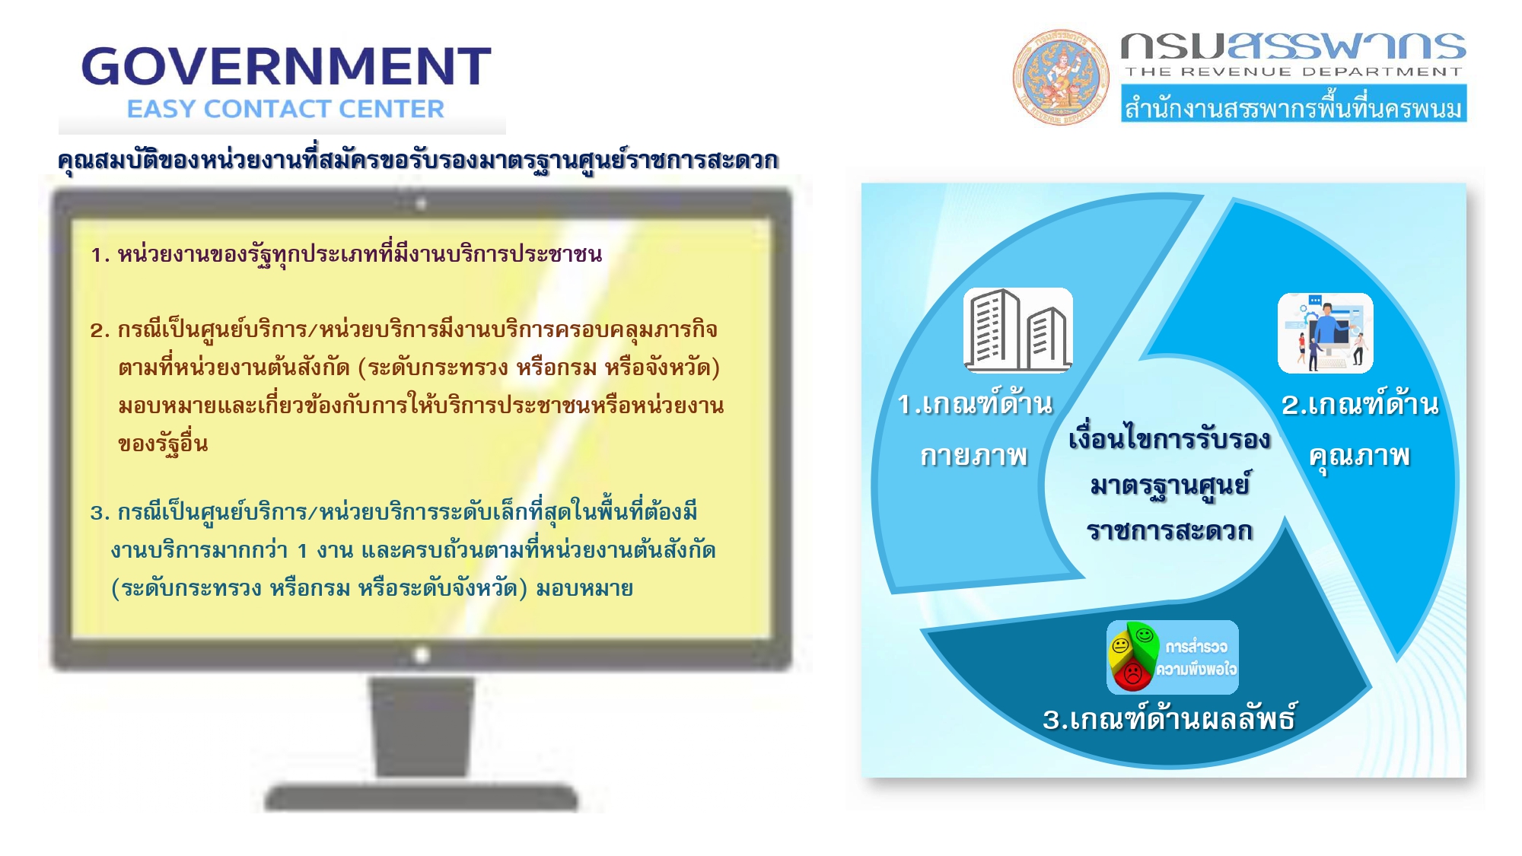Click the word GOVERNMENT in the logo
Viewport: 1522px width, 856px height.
pyautogui.click(x=286, y=66)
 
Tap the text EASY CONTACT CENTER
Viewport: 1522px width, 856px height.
pyautogui.click(x=285, y=109)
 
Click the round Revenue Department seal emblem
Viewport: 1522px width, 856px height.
pyautogui.click(x=1061, y=77)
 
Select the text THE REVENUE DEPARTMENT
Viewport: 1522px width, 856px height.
pyautogui.click(x=1294, y=72)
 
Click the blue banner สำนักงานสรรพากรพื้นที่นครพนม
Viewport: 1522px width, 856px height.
pyautogui.click(x=1294, y=104)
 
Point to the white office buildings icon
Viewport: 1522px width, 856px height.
pyautogui.click(x=1018, y=330)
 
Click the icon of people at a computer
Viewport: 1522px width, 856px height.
pyautogui.click(x=1326, y=333)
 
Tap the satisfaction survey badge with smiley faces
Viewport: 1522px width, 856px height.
pyautogui.click(x=1173, y=657)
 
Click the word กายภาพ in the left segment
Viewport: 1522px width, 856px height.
pyautogui.click(x=974, y=456)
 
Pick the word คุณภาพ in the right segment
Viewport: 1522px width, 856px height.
pyautogui.click(x=1360, y=457)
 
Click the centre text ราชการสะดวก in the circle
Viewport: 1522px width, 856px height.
pyautogui.click(x=1170, y=530)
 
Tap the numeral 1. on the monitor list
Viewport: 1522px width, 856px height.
pyautogui.click(x=100, y=255)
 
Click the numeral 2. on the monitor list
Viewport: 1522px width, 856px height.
pyautogui.click(x=100, y=330)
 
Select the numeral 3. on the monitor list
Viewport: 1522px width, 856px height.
pyautogui.click(x=100, y=513)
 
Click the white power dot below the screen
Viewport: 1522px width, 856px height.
pyautogui.click(x=421, y=654)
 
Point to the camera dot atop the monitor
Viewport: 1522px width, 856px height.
pyautogui.click(x=421, y=204)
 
